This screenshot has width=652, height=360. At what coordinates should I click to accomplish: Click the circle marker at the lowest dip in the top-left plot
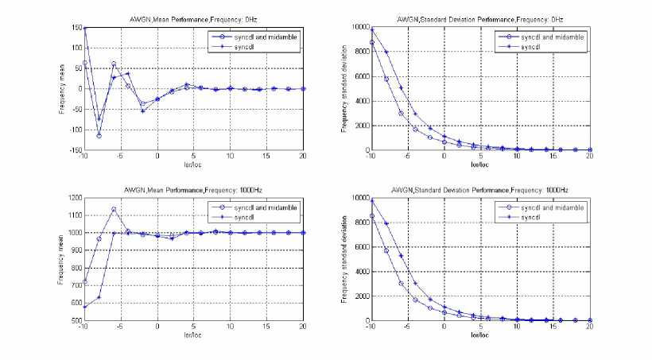pos(99,136)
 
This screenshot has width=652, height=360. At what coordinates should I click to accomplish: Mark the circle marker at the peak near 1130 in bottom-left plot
pos(114,210)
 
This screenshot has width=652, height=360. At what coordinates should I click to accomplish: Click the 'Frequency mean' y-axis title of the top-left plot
pos(60,89)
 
